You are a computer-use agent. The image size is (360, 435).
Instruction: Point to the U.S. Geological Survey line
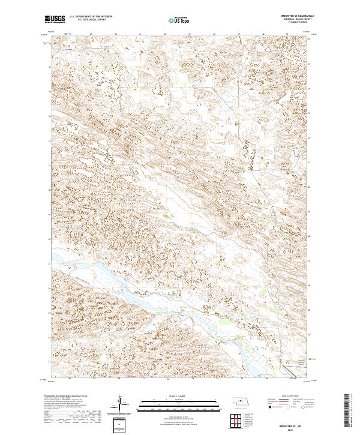pyautogui.click(x=87, y=21)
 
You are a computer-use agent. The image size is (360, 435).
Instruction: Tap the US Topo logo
pyautogui.click(x=181, y=20)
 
